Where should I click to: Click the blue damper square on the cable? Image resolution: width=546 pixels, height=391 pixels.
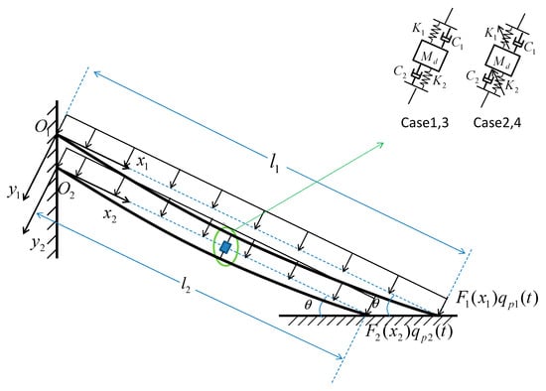pos(225,247)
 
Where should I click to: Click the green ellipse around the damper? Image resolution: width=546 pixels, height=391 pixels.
pos(213,246)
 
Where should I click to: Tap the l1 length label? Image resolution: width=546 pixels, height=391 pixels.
pos(275,163)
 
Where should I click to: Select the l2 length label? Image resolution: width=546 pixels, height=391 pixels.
pos(186,285)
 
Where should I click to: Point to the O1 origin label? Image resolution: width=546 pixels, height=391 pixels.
pos(41,126)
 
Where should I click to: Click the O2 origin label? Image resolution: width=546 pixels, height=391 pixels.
pos(67,192)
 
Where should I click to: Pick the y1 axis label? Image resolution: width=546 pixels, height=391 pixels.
pos(14,191)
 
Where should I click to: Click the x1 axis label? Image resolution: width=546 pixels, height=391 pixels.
pos(142,162)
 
